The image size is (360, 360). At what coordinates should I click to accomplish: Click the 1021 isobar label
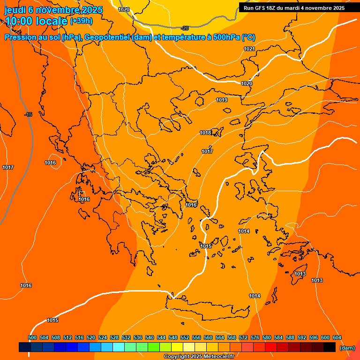(249, 49)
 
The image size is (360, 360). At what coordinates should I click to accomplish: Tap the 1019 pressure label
(222, 100)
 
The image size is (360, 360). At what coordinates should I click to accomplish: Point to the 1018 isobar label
(205, 133)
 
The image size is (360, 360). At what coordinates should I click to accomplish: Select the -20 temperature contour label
(184, 28)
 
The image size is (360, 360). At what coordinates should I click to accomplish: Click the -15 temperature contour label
(28, 114)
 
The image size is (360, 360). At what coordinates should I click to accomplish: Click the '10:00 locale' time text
(36, 21)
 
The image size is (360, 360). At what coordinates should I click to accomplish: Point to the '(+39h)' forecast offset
(81, 21)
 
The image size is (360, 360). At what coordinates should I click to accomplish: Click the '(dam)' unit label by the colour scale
(347, 347)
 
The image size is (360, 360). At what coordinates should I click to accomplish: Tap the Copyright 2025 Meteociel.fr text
(199, 356)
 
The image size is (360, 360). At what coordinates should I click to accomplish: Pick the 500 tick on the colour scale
(32, 337)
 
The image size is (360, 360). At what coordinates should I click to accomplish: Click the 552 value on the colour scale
(185, 337)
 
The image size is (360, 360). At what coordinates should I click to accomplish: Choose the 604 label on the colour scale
(337, 337)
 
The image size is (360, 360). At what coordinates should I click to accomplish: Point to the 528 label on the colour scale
(114, 337)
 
